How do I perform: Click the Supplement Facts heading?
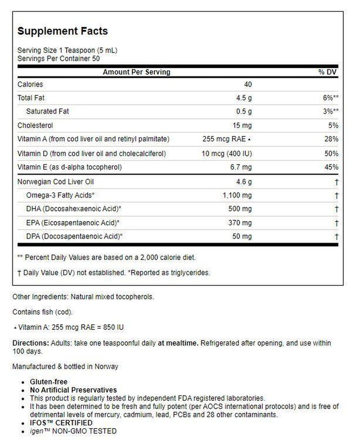tap(62, 31)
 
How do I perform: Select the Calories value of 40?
tap(248, 84)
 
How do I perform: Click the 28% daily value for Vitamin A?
tap(331, 139)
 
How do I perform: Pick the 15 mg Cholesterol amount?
tap(244, 125)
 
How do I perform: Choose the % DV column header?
tap(328, 72)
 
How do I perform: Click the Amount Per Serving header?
tap(136, 72)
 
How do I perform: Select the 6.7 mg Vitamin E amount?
tap(242, 167)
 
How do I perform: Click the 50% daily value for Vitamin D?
tap(331, 153)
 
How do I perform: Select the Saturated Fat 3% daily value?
tap(329, 111)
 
